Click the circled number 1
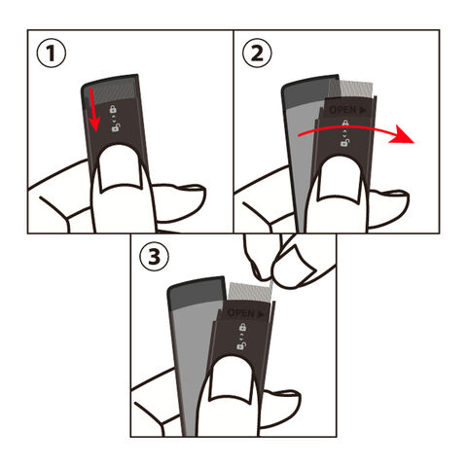52,53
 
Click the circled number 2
257,53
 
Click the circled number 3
154,257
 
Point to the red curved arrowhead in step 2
402,136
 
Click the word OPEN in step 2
342,110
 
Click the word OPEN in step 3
240,313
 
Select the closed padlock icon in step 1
113,109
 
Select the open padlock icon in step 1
115,127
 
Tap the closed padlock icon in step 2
345,124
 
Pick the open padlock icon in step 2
345,142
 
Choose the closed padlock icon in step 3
242,327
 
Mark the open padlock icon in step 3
241,345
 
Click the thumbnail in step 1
120,168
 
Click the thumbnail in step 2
340,180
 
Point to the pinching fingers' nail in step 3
295,264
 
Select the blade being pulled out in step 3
250,291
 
